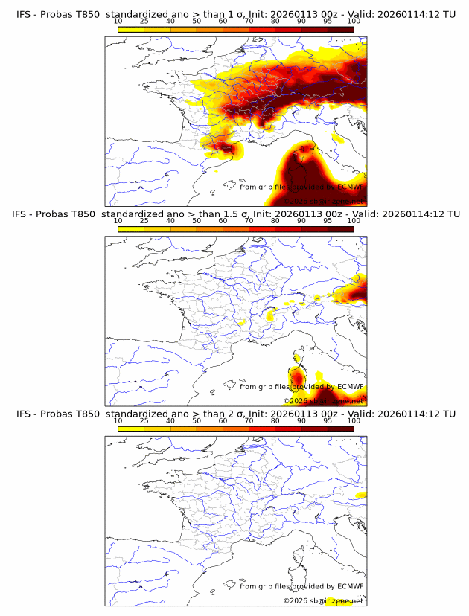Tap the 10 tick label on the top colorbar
(x=118, y=22)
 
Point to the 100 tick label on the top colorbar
(x=354, y=22)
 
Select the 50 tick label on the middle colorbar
(x=197, y=221)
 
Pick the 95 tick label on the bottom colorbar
(x=328, y=420)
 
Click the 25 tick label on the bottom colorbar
(x=144, y=420)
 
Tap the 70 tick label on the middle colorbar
(x=249, y=221)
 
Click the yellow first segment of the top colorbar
(x=131, y=29)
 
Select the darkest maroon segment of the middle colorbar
(x=340, y=228)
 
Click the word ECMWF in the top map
(x=348, y=187)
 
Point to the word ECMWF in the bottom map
(x=348, y=586)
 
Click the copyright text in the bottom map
(x=324, y=600)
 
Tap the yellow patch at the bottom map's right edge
(x=362, y=495)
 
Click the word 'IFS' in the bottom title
(x=23, y=414)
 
